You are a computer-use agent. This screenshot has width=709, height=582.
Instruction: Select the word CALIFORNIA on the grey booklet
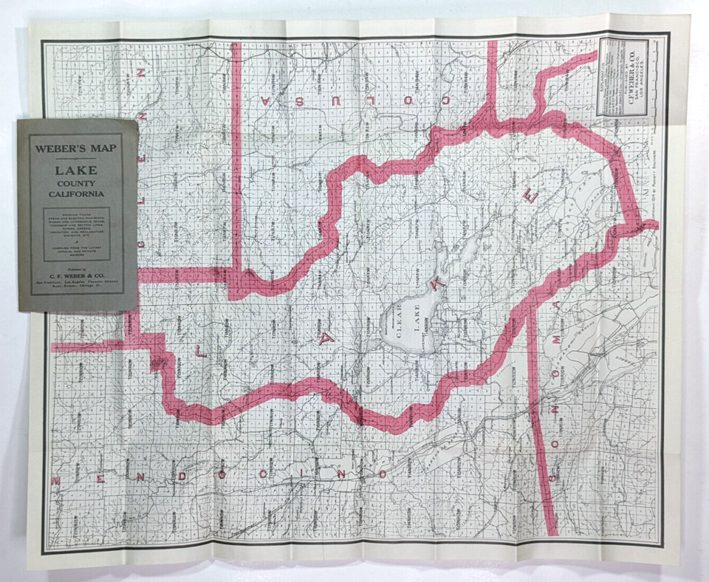tap(77, 195)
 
